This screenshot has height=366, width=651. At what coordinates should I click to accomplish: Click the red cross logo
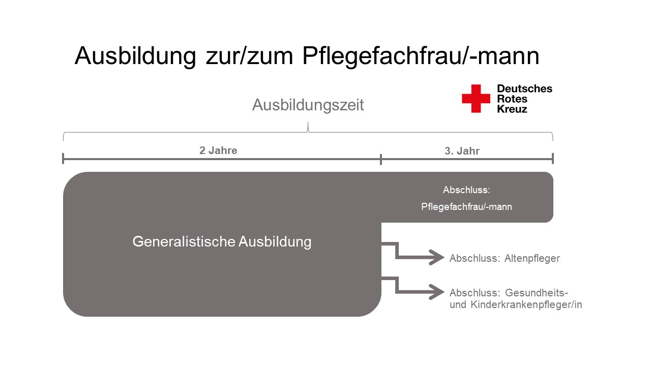click(x=476, y=99)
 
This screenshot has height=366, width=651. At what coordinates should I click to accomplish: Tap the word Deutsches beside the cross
click(x=524, y=88)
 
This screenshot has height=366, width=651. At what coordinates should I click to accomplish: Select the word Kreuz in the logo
click(x=512, y=109)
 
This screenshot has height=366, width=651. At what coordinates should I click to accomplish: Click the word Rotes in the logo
click(x=512, y=99)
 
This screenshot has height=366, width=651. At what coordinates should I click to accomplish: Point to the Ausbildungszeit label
click(x=308, y=105)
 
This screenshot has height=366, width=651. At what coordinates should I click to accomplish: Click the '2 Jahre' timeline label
click(x=218, y=150)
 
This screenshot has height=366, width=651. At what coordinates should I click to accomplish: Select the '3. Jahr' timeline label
click(x=462, y=151)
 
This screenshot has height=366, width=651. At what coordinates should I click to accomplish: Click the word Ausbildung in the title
click(x=135, y=56)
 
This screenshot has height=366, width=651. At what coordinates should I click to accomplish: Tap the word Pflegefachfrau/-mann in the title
click(x=421, y=56)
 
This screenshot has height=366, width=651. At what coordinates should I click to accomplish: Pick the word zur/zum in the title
click(x=249, y=56)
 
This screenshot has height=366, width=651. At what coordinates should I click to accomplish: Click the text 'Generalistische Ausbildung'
click(x=222, y=241)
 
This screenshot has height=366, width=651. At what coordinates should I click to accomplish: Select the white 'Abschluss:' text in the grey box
click(x=466, y=190)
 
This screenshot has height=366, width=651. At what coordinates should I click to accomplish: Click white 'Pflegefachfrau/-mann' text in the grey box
click(x=466, y=207)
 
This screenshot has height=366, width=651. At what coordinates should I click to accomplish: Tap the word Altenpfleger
click(x=532, y=259)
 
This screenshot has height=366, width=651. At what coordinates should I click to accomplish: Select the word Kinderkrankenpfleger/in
click(x=526, y=304)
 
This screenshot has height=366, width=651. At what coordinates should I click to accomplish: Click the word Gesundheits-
click(x=537, y=293)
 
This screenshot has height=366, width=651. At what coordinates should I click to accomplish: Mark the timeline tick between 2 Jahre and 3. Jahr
click(x=381, y=159)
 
